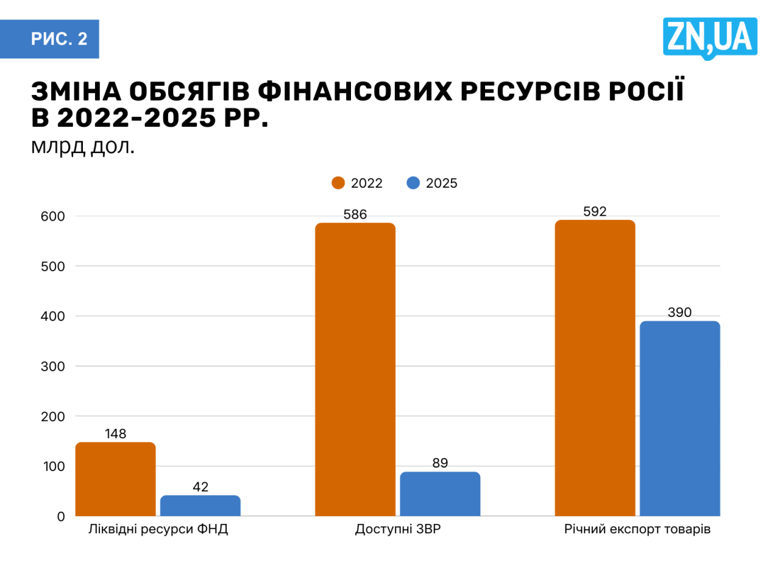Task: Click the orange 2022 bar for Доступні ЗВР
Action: pos(355,369)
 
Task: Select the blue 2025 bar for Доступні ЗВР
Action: pos(440,494)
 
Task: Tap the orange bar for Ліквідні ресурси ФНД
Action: pos(115,479)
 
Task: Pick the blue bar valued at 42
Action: pos(200,505)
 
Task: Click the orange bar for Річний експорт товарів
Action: pos(595,368)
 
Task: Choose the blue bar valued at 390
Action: pos(679,418)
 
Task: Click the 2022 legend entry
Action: pos(358,183)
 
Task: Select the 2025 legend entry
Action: pos(433,183)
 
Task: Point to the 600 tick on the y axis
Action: pos(53,216)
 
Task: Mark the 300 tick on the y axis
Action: pos(53,366)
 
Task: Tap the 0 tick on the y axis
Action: pos(61,517)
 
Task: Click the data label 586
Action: pos(355,214)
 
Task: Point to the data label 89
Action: pos(440,463)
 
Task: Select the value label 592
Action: pos(595,211)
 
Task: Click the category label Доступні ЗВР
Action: pos(398,529)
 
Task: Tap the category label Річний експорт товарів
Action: pos(637,529)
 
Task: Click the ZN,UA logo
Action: pos(710,37)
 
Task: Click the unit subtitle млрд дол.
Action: pos(83,146)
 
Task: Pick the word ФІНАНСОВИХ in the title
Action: pos(355,91)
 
